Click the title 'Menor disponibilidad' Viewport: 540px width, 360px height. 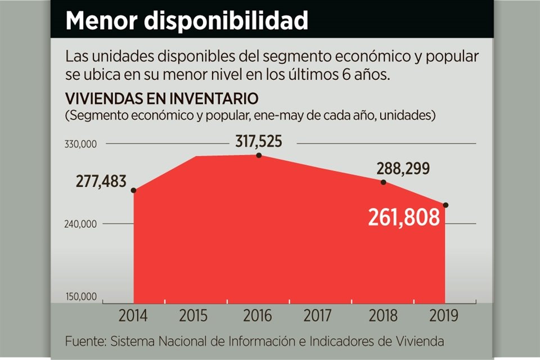[x=187, y=20]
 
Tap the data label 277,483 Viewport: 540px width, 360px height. [x=101, y=182]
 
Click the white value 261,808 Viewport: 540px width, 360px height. [x=403, y=217]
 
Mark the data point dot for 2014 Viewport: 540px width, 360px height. [x=134, y=191]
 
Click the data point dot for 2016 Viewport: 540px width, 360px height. [x=259, y=155]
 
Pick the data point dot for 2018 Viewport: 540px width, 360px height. [x=384, y=182]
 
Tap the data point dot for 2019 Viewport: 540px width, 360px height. [x=445, y=205]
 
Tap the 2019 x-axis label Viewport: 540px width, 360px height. [x=443, y=316]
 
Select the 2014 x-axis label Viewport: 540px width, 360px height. [x=133, y=316]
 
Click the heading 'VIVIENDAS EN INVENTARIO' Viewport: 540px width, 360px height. [x=162, y=98]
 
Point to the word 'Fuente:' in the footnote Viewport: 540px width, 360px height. [x=85, y=341]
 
